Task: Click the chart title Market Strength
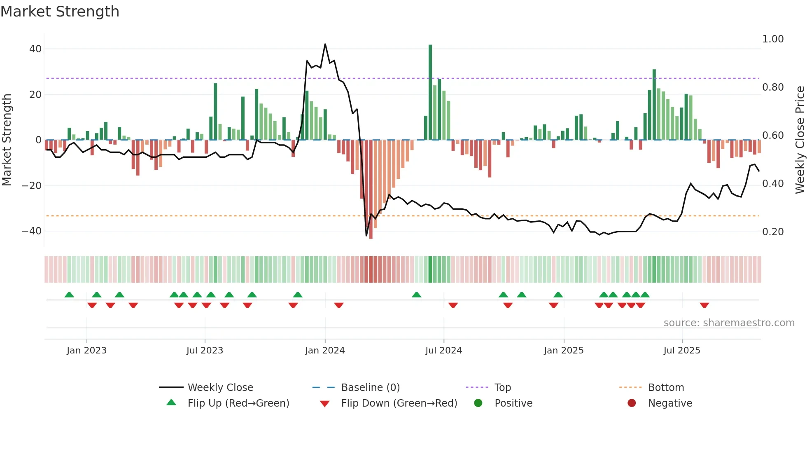pos(60,12)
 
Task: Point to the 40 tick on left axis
pos(35,49)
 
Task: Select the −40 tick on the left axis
pos(32,231)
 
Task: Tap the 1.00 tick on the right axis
pos(773,39)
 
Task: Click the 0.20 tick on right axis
pos(773,232)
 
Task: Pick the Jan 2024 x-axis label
pos(325,351)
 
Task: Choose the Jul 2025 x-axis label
pos(682,351)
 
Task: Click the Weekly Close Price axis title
pos(800,140)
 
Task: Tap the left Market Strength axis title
pos(7,140)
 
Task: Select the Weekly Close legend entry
pos(220,388)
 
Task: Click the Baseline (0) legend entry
pos(371,388)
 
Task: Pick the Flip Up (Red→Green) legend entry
pos(238,403)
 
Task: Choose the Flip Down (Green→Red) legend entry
pos(399,403)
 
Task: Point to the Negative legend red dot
pos(632,403)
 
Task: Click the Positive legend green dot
pos(478,403)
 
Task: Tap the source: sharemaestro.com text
pos(729,323)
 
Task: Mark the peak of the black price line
pos(325,44)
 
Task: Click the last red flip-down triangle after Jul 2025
pos(704,305)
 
